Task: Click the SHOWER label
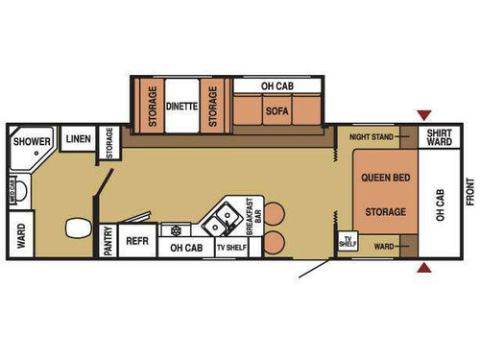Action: tap(32, 142)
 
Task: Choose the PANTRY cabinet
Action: tap(108, 240)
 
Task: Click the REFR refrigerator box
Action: tap(137, 241)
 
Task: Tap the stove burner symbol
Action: tap(175, 230)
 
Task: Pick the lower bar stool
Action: tap(276, 242)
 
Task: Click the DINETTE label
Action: tap(181, 107)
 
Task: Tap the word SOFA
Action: tap(277, 111)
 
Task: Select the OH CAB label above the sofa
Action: tap(277, 86)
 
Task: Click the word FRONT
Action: tap(470, 192)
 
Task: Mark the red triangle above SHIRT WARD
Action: tap(423, 116)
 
